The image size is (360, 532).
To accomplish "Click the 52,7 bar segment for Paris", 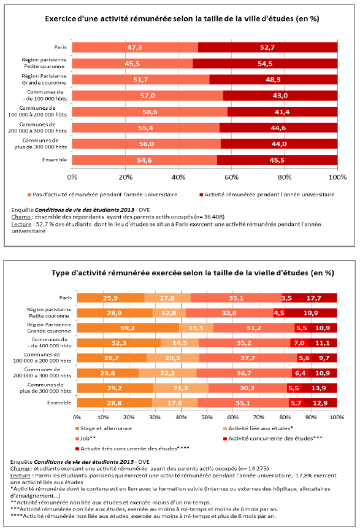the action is (267, 47).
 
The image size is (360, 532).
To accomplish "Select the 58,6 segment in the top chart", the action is (150, 112).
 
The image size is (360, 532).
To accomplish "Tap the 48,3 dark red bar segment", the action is (274, 80).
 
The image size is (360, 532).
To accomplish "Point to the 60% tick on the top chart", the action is (232, 177).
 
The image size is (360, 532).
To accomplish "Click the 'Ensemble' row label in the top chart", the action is (55, 160).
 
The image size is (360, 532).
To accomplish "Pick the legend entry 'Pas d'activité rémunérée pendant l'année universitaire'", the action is (102, 195).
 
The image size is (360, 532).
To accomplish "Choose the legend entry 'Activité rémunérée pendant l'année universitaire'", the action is (267, 195).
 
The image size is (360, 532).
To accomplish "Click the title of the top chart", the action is (182, 18).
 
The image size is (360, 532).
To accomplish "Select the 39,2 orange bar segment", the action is (128, 328).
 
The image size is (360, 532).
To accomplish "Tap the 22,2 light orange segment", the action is (168, 373).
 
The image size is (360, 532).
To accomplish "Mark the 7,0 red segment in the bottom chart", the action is (299, 343).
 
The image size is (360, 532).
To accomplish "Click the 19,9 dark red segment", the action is (311, 313).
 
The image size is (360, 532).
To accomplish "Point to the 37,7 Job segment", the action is (248, 358).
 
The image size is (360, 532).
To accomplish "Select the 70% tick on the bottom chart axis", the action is (259, 417).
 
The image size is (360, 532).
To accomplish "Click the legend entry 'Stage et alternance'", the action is (104, 428).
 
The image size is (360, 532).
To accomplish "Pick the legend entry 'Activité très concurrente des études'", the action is (132, 449).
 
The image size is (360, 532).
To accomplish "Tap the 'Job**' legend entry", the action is (86, 439).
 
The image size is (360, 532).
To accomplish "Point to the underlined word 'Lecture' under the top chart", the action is (21, 224).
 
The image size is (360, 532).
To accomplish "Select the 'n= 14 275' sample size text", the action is (253, 469).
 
